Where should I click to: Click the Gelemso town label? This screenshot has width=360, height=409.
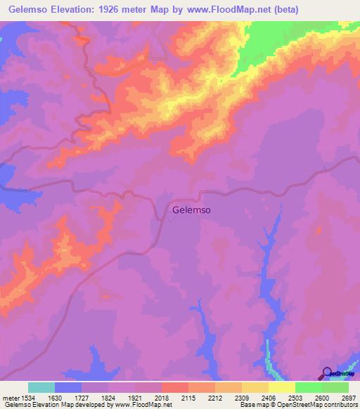click(x=192, y=209)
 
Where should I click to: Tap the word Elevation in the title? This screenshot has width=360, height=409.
click(x=73, y=10)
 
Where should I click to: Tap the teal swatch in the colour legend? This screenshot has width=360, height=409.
click(x=41, y=387)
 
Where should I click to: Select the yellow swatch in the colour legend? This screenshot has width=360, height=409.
click(x=282, y=387)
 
